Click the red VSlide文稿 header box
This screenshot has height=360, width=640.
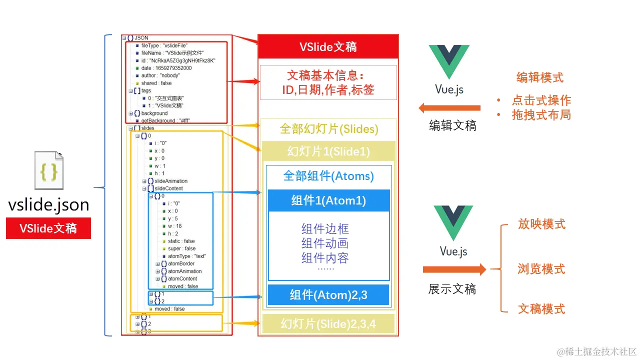point(328,47)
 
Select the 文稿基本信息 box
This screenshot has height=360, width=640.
point(328,82)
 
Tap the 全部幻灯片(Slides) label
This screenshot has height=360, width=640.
point(328,129)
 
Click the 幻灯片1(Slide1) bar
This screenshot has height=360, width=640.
point(328,151)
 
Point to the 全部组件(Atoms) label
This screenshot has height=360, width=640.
point(328,176)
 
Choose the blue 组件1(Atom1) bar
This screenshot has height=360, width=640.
point(328,200)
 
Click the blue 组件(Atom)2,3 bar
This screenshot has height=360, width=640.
point(328,294)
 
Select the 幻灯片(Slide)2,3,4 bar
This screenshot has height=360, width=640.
point(328,324)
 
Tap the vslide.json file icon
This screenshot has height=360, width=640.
point(49,171)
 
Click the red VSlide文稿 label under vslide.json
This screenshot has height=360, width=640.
point(48,228)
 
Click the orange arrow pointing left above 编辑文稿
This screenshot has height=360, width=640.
point(449,107)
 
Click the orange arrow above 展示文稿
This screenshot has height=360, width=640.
point(454,270)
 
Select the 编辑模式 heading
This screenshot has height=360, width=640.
point(539,77)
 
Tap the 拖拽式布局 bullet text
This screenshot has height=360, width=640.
point(541,114)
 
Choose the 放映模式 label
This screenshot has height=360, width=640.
point(541,224)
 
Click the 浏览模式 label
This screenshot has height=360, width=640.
point(541,269)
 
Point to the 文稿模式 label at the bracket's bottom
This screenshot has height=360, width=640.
point(541,308)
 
